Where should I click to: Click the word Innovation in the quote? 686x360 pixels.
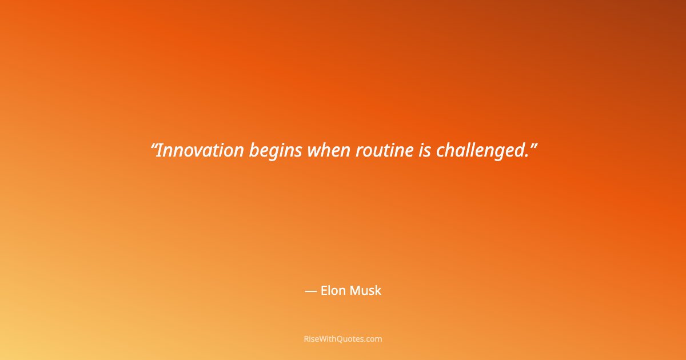click(201, 151)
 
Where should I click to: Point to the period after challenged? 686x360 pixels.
click(527, 157)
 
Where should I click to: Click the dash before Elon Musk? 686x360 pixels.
click(311, 291)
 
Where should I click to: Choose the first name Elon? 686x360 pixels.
click(333, 290)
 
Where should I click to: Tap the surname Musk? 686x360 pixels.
click(365, 290)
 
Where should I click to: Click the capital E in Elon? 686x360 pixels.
click(324, 290)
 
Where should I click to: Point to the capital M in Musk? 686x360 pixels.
click(356, 290)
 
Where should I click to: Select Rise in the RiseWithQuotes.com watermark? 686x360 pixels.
click(312, 339)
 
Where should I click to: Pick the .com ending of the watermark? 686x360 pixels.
click(374, 339)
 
